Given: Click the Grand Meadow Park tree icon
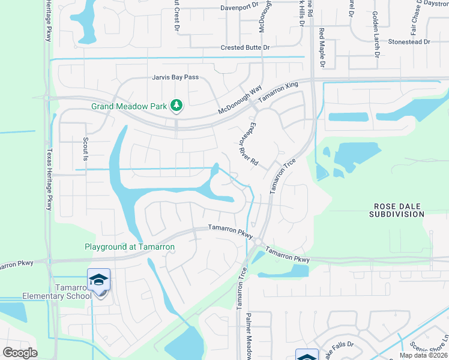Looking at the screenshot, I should [176, 106].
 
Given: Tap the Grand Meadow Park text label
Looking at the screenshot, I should [128, 106].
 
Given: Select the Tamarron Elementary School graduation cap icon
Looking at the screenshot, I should [98, 280].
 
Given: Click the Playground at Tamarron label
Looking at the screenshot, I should [130, 247].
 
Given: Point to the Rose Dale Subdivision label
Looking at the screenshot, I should [396, 209].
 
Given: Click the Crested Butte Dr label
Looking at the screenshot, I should [245, 47].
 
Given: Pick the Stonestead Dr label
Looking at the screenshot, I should [409, 42].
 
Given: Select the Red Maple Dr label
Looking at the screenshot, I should [322, 47].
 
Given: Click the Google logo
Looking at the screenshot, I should [20, 353].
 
